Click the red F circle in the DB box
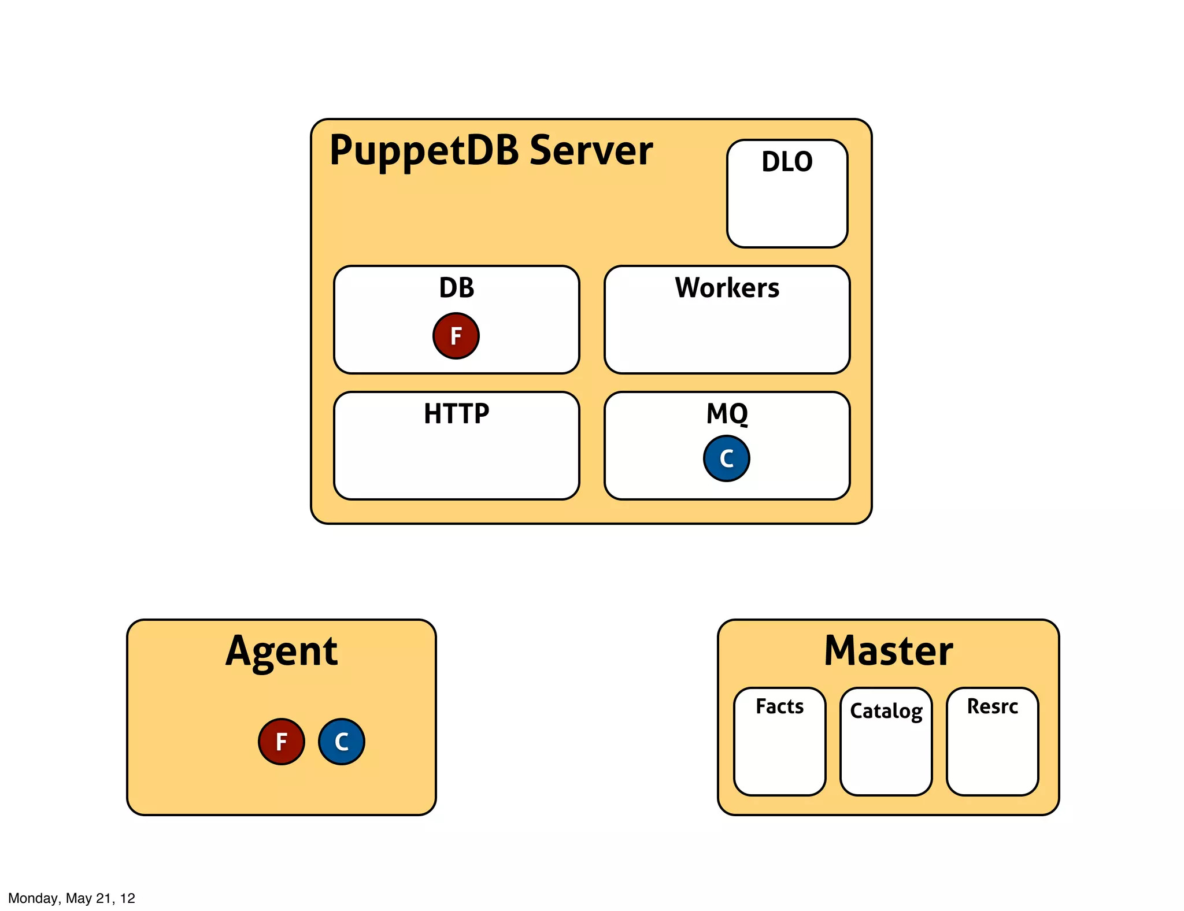(x=456, y=336)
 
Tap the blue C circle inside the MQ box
(x=726, y=458)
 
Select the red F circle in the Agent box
(x=281, y=742)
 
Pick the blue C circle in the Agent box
(x=341, y=742)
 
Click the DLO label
(x=787, y=162)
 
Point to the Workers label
(x=727, y=288)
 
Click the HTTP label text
(x=456, y=414)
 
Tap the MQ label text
(x=727, y=414)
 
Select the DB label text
(x=456, y=288)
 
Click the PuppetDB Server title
(x=490, y=151)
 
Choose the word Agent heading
(x=281, y=651)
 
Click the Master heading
(x=888, y=651)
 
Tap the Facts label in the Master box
(x=779, y=706)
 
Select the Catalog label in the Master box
(x=886, y=711)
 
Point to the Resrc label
(x=992, y=706)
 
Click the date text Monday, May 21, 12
(x=71, y=898)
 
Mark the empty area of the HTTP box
(x=456, y=462)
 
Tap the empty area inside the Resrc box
(x=992, y=757)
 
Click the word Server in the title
(x=591, y=151)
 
